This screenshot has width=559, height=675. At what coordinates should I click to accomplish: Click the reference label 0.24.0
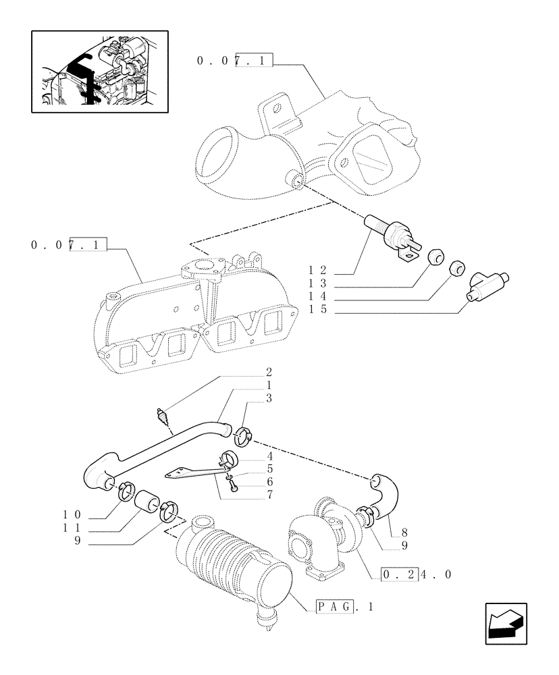point(416,575)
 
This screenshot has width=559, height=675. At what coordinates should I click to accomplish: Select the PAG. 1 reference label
point(345,607)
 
